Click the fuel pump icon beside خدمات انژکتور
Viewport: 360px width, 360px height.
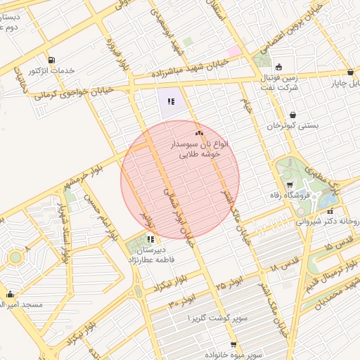pyautogui.click(x=51, y=60)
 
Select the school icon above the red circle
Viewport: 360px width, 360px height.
pyautogui.click(x=170, y=102)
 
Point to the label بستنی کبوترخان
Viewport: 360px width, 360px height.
pyautogui.click(x=292, y=125)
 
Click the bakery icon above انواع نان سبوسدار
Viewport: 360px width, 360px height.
pyautogui.click(x=199, y=132)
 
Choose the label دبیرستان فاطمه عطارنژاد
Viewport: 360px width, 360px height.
pyautogui.click(x=161, y=254)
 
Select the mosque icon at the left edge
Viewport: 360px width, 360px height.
pyautogui.click(x=10, y=295)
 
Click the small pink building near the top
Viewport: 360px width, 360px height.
pyautogui.click(x=233, y=51)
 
